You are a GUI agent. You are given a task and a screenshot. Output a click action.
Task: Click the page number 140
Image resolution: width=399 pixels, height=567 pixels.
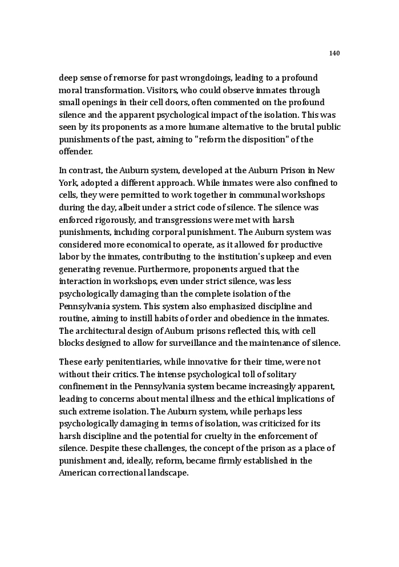click(x=334, y=53)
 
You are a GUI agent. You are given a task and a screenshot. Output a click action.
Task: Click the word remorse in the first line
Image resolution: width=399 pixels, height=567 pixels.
click(x=138, y=78)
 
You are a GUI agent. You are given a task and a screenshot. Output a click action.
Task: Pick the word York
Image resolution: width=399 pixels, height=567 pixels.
click(x=68, y=183)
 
